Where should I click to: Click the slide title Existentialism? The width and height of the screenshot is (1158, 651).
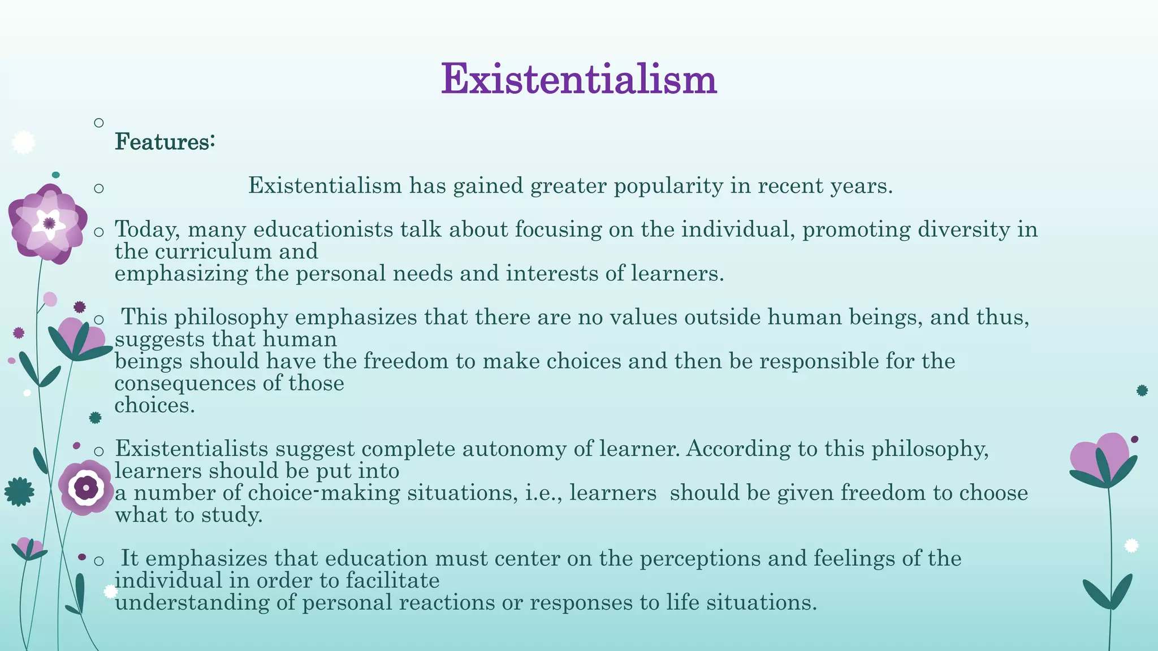(x=578, y=79)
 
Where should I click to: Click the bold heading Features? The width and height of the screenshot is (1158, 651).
(x=165, y=142)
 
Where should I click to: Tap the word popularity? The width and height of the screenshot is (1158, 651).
(x=668, y=186)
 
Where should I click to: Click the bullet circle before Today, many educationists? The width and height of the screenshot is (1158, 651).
(x=99, y=232)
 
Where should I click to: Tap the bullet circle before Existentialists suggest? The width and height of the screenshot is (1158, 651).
(x=99, y=451)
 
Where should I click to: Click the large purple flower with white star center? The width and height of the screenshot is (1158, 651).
(x=49, y=224)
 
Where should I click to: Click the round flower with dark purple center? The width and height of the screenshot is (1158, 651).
(x=86, y=487)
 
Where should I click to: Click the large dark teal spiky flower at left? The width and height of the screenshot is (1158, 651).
(x=19, y=492)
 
